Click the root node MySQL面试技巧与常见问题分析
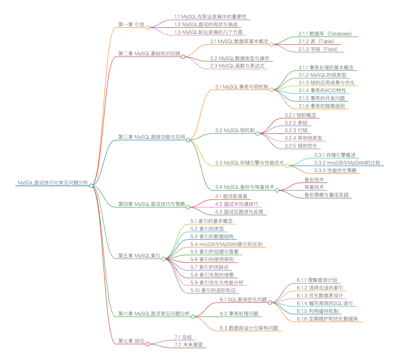pyautogui.click(x=53, y=183)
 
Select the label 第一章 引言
pyautogui.click(x=131, y=24)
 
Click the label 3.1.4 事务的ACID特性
pyautogui.click(x=322, y=90)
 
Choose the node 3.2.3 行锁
pyautogui.click(x=296, y=131)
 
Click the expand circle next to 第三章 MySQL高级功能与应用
pyautogui.click(x=188, y=140)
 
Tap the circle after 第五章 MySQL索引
pyautogui.click(x=164, y=259)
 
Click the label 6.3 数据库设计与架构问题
pyautogui.click(x=249, y=328)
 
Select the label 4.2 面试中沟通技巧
pyautogui.click(x=237, y=204)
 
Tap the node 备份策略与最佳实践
pyautogui.click(x=326, y=195)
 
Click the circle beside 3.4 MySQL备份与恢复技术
pyautogui.click(x=277, y=190)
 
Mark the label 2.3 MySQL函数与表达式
pyautogui.click(x=237, y=66)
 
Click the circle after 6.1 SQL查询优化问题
pyautogui.click(x=270, y=302)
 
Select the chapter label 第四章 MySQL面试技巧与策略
pyautogui.click(x=151, y=204)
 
